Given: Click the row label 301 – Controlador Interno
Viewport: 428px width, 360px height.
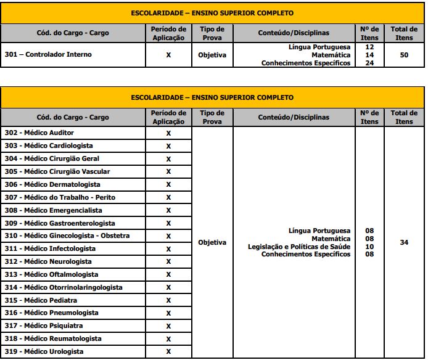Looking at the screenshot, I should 48,54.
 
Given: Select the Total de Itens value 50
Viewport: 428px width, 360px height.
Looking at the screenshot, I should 404,55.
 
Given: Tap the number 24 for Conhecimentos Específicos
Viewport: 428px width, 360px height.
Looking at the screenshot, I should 369,62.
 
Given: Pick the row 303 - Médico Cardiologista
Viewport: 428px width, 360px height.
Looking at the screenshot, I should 49,145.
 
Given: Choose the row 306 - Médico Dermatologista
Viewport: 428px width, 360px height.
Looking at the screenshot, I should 52,184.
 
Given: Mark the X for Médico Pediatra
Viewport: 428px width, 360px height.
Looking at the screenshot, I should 168,300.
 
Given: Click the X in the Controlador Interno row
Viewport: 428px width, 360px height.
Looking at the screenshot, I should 168,55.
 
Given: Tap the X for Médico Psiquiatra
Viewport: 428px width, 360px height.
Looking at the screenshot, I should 168,326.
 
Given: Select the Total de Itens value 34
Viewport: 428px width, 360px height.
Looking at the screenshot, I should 404,242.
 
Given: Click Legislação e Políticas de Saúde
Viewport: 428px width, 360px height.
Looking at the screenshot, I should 299,247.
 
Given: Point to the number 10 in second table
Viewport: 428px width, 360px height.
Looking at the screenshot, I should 369,247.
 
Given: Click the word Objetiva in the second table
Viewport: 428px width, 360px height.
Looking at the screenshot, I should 212,242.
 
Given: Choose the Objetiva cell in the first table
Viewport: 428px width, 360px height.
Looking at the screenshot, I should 212,55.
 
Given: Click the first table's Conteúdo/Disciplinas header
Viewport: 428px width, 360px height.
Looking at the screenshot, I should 294,33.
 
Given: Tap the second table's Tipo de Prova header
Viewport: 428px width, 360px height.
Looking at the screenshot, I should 212,117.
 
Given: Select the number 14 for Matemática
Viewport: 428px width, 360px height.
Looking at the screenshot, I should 369,55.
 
